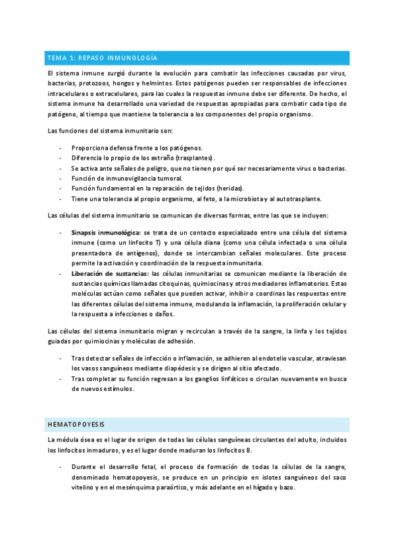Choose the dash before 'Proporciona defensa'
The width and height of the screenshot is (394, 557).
(61, 148)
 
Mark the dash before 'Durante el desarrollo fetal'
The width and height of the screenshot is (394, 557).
(61, 467)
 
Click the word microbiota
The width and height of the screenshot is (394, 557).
(246, 198)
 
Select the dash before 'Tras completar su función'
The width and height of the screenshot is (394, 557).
(61, 378)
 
